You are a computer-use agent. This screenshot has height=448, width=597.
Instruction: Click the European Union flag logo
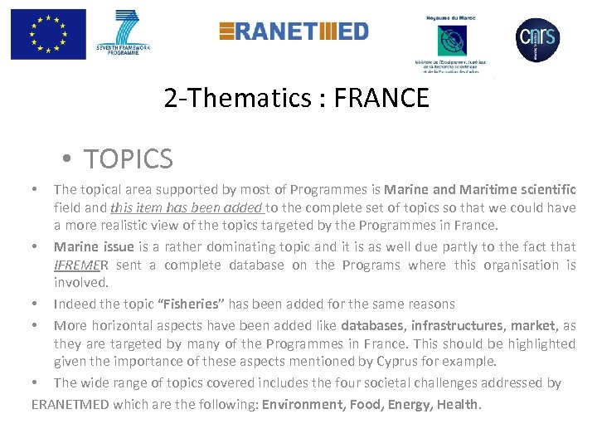48,34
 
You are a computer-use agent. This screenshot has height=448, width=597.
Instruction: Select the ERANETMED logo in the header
294,31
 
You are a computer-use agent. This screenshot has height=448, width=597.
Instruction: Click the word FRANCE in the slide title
384,100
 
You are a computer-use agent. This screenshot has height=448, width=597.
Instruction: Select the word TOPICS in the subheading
128,158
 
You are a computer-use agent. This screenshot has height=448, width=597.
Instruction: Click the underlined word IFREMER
80,265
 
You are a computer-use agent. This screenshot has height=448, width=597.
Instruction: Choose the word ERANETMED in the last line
70,404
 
